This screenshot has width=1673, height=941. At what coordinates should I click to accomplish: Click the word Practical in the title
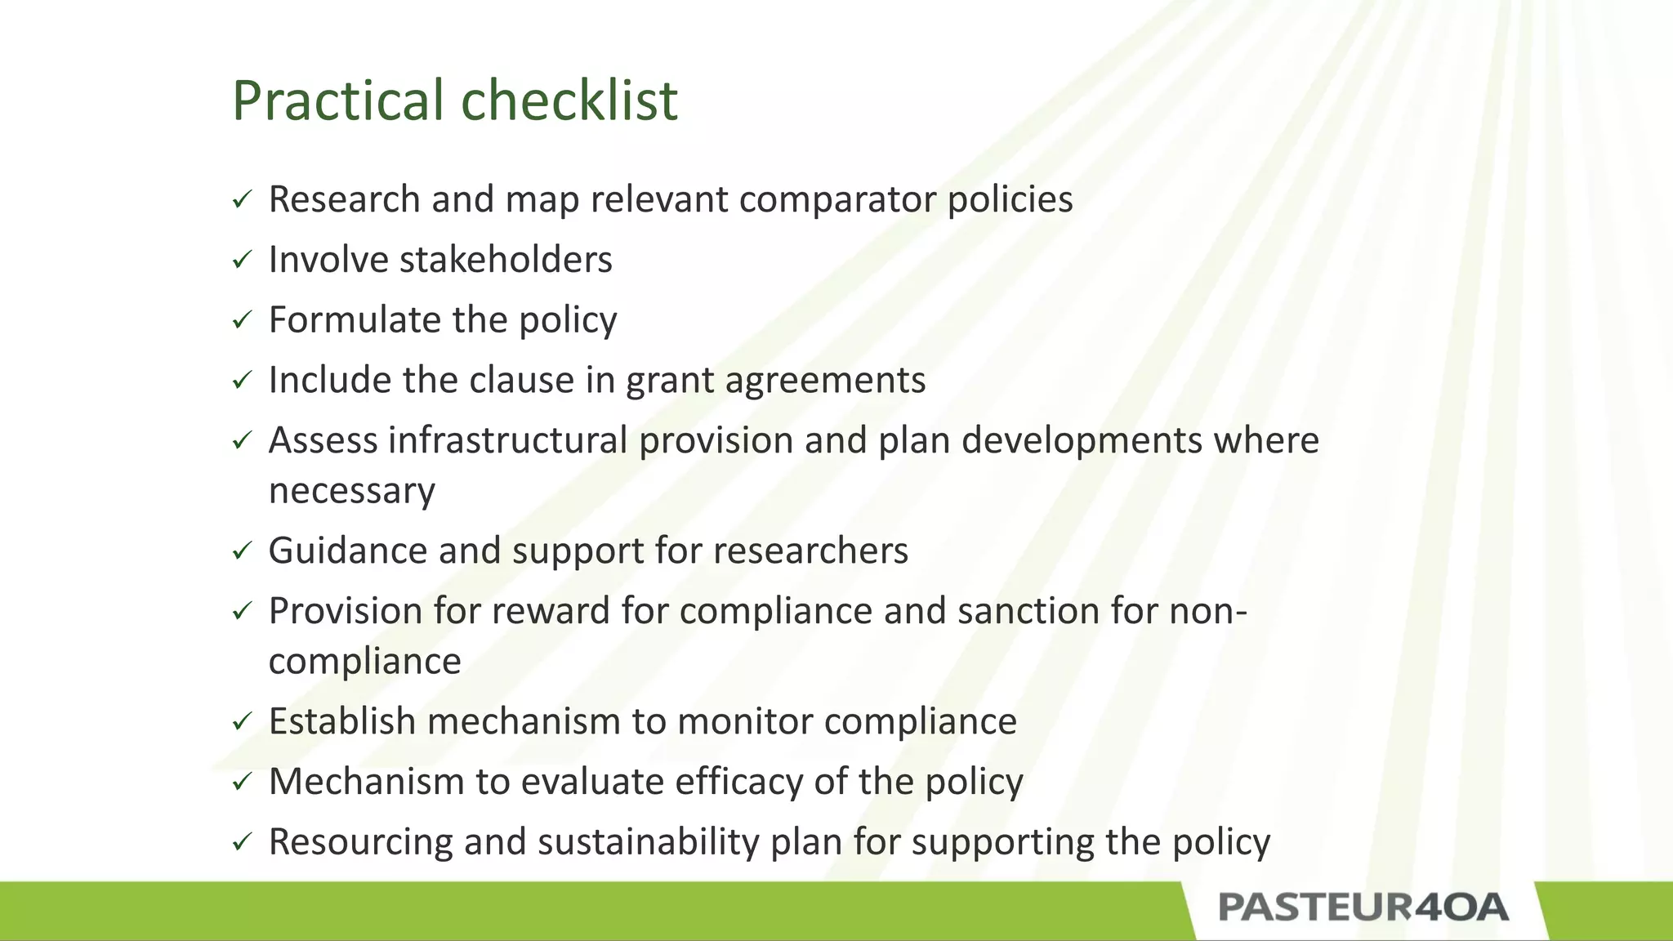(x=338, y=101)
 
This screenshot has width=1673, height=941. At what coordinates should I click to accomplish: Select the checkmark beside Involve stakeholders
(x=242, y=261)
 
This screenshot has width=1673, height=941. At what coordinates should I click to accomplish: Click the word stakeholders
(x=506, y=261)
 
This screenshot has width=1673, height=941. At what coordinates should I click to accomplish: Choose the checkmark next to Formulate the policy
(x=242, y=320)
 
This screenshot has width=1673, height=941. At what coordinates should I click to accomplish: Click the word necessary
(x=351, y=491)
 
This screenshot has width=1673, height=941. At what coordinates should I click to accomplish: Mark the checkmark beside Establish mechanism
(x=242, y=722)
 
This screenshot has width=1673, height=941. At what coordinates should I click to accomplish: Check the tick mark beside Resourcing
(x=242, y=842)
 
